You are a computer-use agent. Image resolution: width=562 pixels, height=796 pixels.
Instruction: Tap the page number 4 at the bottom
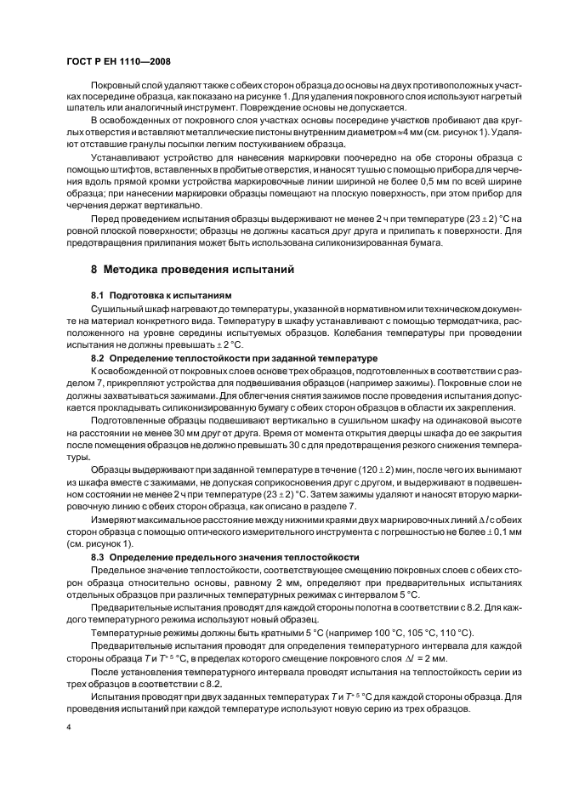[69, 729]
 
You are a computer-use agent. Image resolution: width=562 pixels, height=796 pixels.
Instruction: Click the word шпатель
[85, 108]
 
